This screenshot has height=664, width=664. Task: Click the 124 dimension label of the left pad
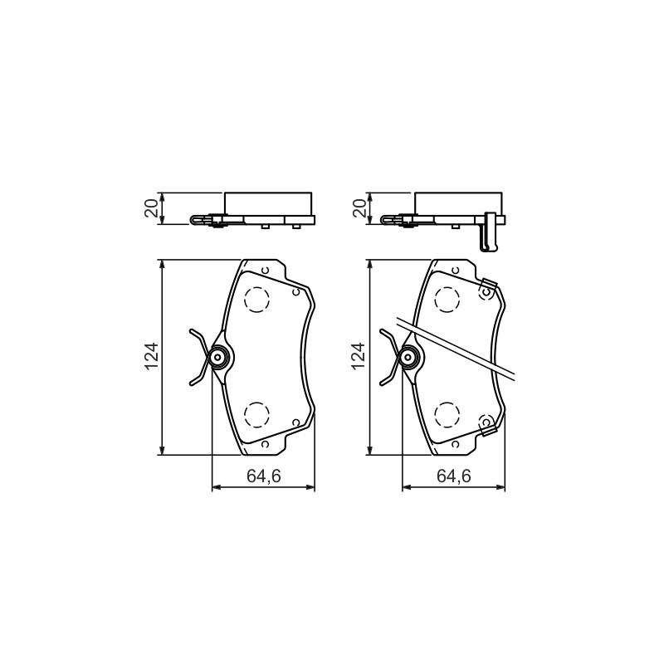click(x=152, y=356)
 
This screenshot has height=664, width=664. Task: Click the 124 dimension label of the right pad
click(x=359, y=356)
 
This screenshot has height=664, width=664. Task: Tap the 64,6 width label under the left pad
click(x=263, y=476)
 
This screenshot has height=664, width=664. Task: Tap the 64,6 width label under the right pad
click(x=454, y=476)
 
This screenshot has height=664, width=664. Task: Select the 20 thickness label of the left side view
click(x=152, y=208)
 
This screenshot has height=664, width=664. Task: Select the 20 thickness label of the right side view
click(x=359, y=208)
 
